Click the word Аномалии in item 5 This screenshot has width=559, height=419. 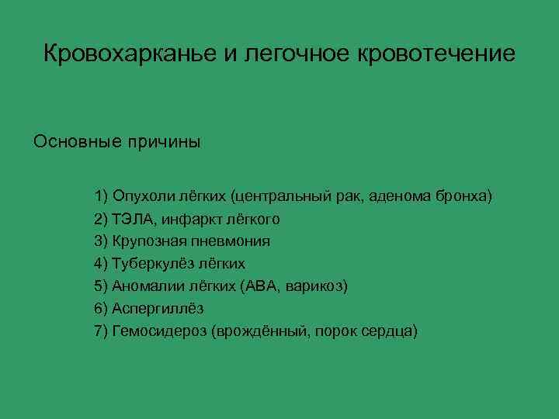(x=145, y=286)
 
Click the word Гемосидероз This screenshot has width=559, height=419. (x=156, y=331)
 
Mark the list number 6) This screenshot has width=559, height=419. (x=102, y=309)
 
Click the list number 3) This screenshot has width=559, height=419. (x=102, y=241)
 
